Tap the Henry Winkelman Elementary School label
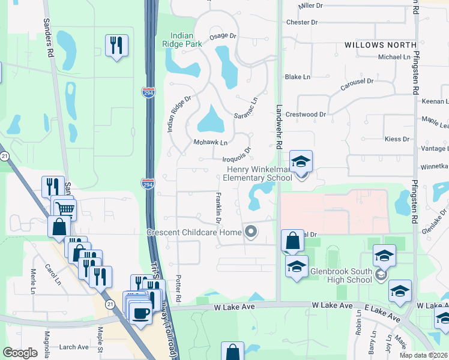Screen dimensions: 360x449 257,173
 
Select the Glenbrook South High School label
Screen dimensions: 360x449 341,275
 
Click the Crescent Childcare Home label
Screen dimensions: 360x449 194,232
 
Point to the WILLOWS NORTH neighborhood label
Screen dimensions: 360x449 381,45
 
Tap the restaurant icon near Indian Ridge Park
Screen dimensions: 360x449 116,45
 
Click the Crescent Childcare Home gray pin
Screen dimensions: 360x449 251,231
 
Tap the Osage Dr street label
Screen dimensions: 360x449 224,37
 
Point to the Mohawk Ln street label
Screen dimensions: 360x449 210,143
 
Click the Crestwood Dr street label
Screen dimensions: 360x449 306,114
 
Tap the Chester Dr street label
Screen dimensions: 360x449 302,22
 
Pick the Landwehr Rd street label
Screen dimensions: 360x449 279,127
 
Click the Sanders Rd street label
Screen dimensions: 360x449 49,37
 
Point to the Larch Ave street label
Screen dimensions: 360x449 74,347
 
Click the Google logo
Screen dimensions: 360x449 20,353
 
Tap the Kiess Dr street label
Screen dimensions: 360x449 396,139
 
